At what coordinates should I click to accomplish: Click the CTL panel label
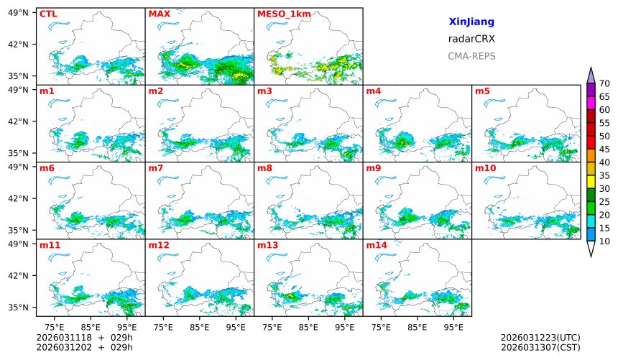click(x=48, y=14)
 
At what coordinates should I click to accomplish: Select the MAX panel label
click(x=159, y=14)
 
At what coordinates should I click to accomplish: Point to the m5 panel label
click(x=483, y=91)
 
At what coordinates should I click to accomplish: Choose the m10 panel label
click(x=485, y=168)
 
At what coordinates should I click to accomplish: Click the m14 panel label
click(x=377, y=245)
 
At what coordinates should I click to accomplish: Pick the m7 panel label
click(x=156, y=168)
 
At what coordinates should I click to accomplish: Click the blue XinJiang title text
click(x=471, y=22)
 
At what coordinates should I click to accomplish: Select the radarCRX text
click(x=471, y=39)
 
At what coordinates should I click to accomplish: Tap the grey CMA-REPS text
click(x=471, y=56)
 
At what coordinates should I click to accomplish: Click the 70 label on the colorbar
click(x=604, y=84)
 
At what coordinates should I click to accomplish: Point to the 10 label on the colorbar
click(x=604, y=241)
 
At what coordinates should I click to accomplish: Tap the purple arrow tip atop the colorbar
click(x=591, y=75)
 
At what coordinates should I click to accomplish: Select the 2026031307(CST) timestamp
click(x=540, y=348)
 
